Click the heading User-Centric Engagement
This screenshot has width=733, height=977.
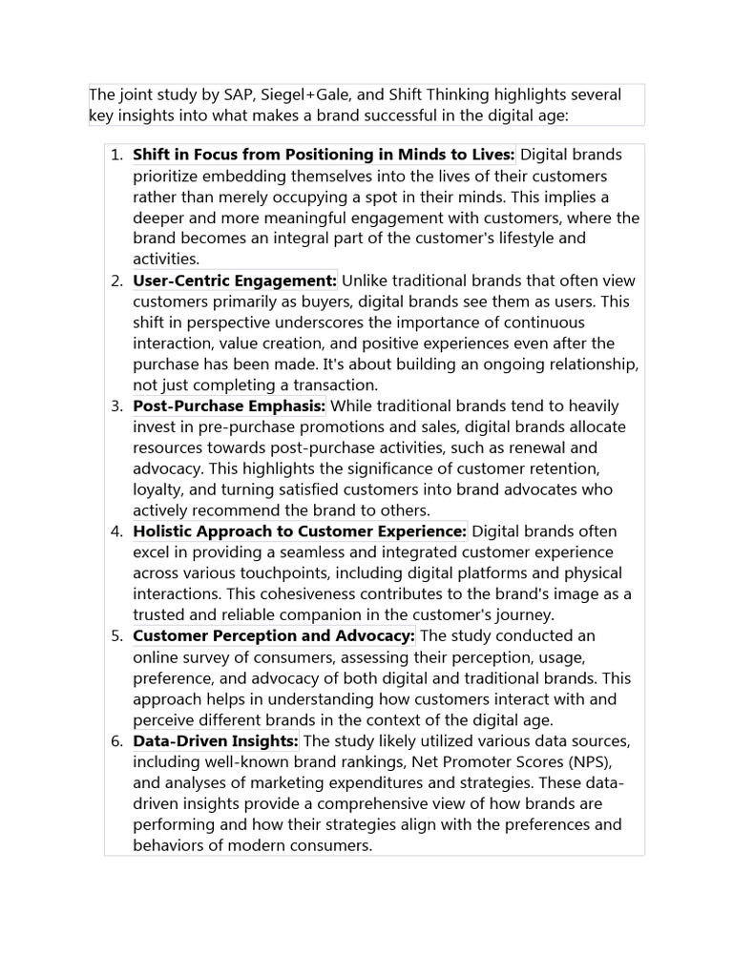pos(235,281)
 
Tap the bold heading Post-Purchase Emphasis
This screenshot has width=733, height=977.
pos(230,405)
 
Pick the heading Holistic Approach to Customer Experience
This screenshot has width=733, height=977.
pos(300,531)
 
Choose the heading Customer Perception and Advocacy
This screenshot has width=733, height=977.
pos(274,635)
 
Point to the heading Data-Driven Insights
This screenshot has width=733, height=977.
pos(216,740)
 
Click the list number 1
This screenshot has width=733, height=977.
pos(115,156)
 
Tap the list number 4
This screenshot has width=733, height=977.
pos(115,531)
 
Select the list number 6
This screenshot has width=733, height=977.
pos(115,740)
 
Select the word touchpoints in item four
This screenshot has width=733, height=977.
pos(335,573)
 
